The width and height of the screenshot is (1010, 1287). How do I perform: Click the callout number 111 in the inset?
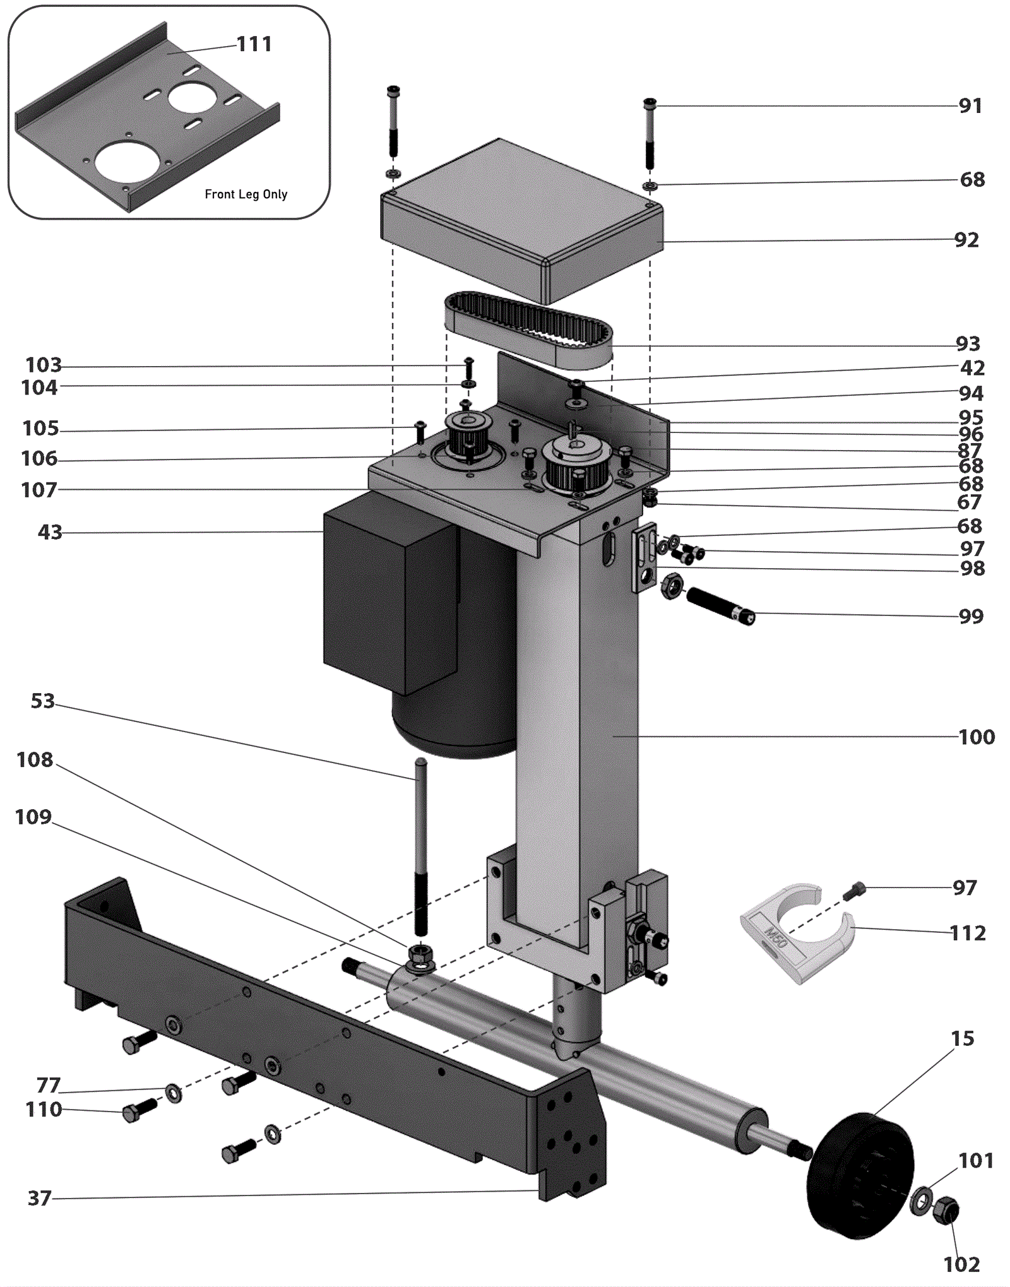[254, 44]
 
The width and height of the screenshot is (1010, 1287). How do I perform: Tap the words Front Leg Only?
[246, 194]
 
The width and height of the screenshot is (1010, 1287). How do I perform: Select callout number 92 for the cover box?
[966, 240]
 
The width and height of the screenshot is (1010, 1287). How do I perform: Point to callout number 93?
[968, 344]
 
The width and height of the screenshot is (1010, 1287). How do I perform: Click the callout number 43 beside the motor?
[50, 532]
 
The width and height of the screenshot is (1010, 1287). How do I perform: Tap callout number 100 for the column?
[977, 737]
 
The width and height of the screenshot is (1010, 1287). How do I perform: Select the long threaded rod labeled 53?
[420, 847]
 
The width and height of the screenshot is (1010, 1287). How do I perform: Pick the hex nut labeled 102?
[946, 1209]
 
